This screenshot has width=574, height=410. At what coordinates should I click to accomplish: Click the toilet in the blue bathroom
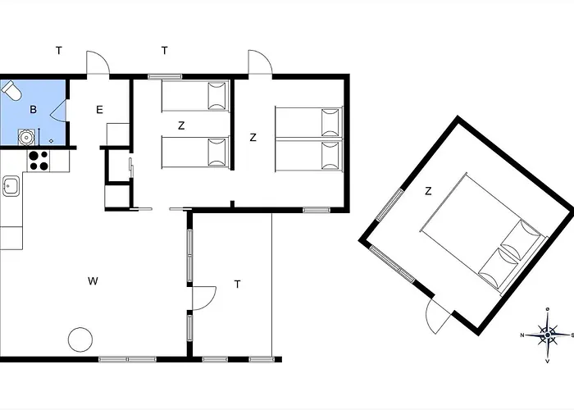[11, 90]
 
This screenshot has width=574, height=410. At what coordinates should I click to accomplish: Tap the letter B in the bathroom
[34, 109]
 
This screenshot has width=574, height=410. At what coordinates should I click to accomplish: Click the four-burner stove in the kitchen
[39, 161]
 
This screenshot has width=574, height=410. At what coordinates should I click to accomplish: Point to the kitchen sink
[11, 186]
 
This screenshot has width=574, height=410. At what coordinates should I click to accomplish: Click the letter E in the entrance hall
[99, 109]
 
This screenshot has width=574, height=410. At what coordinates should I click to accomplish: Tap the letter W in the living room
[93, 281]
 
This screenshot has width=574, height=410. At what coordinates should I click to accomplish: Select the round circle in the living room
[80, 339]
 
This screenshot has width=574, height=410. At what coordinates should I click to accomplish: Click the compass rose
[548, 335]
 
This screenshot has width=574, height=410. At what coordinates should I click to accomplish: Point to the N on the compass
[522, 335]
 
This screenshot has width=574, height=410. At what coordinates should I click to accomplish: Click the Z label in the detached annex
[428, 191]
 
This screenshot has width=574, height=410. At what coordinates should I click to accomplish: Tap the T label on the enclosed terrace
[238, 284]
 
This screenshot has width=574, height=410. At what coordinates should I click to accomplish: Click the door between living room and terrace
[204, 298]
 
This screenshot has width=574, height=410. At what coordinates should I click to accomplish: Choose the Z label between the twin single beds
[181, 126]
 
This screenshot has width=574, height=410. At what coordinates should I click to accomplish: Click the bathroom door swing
[58, 110]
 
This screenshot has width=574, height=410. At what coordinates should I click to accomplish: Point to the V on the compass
[548, 362]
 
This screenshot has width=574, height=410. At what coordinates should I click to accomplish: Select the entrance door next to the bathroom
[98, 63]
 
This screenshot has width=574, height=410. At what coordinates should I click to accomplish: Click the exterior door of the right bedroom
[260, 63]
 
